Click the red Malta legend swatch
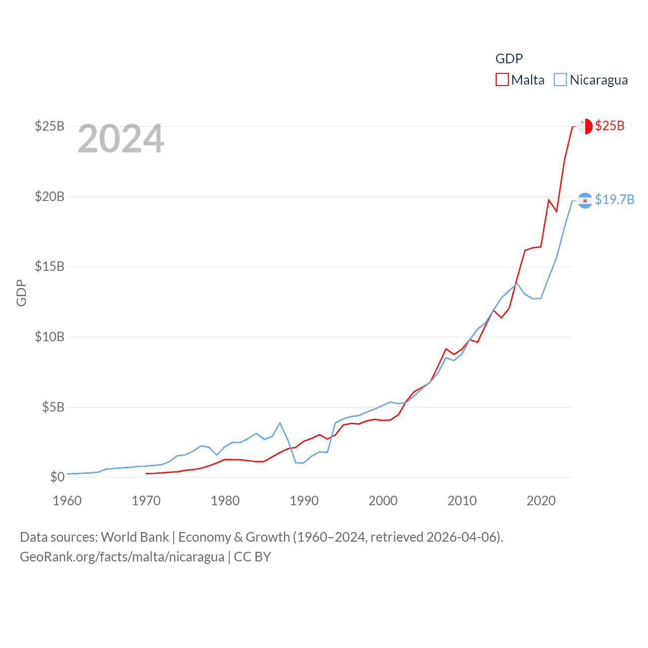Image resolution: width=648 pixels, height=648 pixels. click(x=502, y=80)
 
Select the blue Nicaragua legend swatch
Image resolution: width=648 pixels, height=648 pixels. click(x=560, y=80)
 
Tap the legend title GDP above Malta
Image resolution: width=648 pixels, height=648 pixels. click(x=509, y=59)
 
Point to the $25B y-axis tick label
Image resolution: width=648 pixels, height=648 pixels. click(x=50, y=126)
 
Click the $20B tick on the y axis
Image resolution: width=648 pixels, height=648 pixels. click(x=50, y=196)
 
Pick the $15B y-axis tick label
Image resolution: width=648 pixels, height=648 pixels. click(x=50, y=266)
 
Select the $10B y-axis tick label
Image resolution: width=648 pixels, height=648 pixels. click(x=50, y=337)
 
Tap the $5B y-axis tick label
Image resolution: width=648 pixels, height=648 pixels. click(x=53, y=407)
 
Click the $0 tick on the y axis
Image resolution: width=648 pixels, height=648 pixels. click(x=57, y=477)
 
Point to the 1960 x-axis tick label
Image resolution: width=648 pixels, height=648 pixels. click(x=67, y=501)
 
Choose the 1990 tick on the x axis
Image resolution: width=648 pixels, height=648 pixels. click(x=304, y=501)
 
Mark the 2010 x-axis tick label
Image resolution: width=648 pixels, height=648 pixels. click(x=462, y=501)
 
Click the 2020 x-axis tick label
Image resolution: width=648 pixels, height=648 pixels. click(x=541, y=501)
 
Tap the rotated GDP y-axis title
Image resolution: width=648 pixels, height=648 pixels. click(x=21, y=293)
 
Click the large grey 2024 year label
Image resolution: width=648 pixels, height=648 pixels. click(x=121, y=139)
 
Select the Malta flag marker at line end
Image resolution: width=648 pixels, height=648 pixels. click(x=585, y=126)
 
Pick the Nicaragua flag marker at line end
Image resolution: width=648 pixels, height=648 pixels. click(x=585, y=200)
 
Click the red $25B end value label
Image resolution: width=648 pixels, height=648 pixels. click(x=610, y=126)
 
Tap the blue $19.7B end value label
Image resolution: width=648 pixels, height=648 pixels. click(x=615, y=199)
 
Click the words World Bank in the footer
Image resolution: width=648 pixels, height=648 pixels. click(x=135, y=537)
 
